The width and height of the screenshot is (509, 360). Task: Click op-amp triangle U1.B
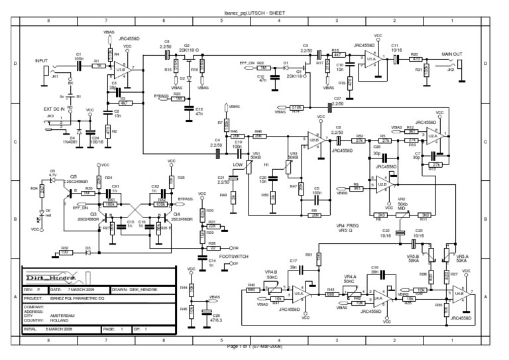click(x=123, y=69)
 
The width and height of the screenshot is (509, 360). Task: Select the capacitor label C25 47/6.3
click(x=216, y=318)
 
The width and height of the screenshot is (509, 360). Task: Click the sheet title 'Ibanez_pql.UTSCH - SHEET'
click(x=254, y=13)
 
